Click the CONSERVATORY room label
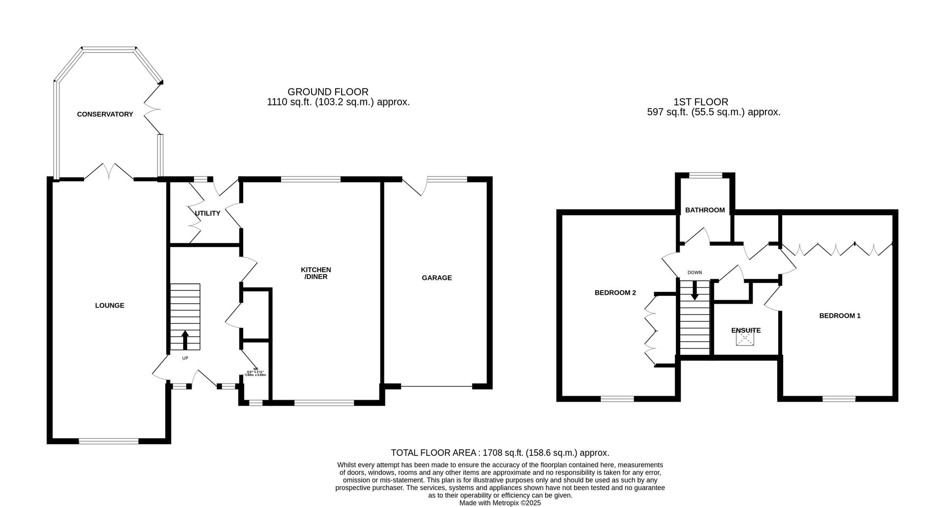[x=105, y=114]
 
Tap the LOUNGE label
[x=109, y=305]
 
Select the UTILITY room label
[x=207, y=213]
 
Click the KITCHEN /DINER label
[x=315, y=273]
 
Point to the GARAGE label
[x=437, y=278]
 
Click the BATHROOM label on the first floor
[x=705, y=210]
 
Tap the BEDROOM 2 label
[x=615, y=292]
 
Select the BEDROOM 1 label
[x=840, y=316]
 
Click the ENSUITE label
[x=746, y=330]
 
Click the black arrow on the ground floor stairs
[x=185, y=340]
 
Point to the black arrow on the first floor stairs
[x=694, y=290]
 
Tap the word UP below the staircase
[x=185, y=358]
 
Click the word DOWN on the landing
[x=694, y=272]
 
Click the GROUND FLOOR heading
[x=328, y=92]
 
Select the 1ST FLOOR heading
[x=701, y=102]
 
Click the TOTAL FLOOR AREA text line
[x=500, y=452]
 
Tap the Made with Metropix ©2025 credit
[x=500, y=503]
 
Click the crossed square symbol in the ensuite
[x=745, y=339]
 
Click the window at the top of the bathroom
[x=705, y=175]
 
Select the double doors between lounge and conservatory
[x=109, y=172]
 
